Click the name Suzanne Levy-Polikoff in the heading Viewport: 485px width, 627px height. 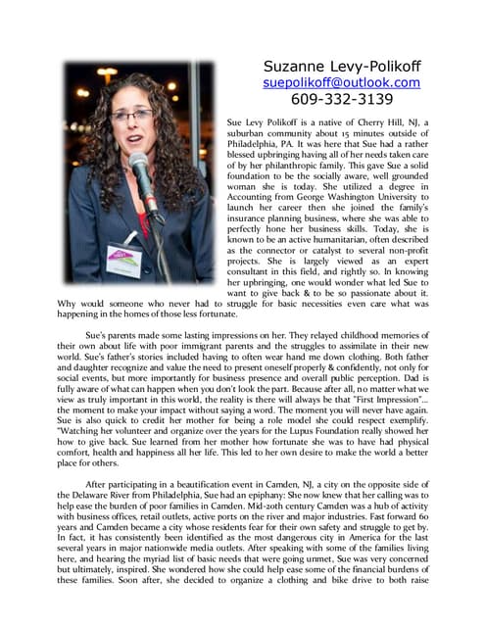tap(342, 66)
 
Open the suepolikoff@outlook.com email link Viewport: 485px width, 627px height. tap(342, 82)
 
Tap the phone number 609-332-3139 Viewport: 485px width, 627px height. tap(342, 99)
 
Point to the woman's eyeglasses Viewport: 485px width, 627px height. tap(130, 115)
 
